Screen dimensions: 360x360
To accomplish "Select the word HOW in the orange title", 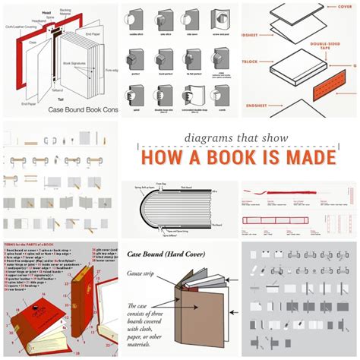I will (x=163, y=159).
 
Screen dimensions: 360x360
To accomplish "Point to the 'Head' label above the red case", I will (x=45, y=11).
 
